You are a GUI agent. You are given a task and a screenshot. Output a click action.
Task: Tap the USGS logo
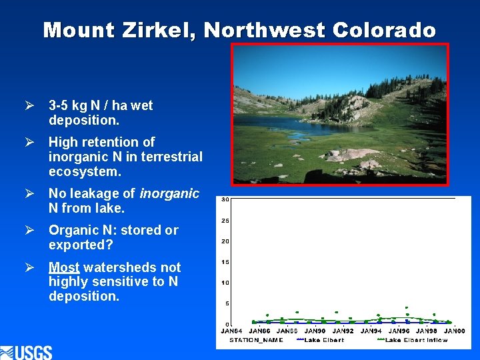coord(27,351)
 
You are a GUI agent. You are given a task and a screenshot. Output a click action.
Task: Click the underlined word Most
coord(64,267)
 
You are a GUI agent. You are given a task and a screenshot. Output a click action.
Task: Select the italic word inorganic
coord(169,194)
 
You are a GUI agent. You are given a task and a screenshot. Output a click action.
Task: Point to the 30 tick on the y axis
coord(225,200)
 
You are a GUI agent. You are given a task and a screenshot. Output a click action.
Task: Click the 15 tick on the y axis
coord(225,262)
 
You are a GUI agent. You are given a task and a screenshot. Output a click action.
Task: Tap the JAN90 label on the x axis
coord(315,331)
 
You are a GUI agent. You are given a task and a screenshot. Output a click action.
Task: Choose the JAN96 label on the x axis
coord(399,331)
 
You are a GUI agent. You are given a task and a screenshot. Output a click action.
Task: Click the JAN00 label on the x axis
coord(455,331)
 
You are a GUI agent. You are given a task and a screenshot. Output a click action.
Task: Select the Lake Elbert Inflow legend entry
coord(416,340)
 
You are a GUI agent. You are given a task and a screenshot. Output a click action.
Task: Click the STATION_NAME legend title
coord(256,340)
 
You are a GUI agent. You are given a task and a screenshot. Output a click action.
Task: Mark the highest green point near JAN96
coord(407,308)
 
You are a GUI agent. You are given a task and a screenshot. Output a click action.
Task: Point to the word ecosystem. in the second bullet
coord(85,171)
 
